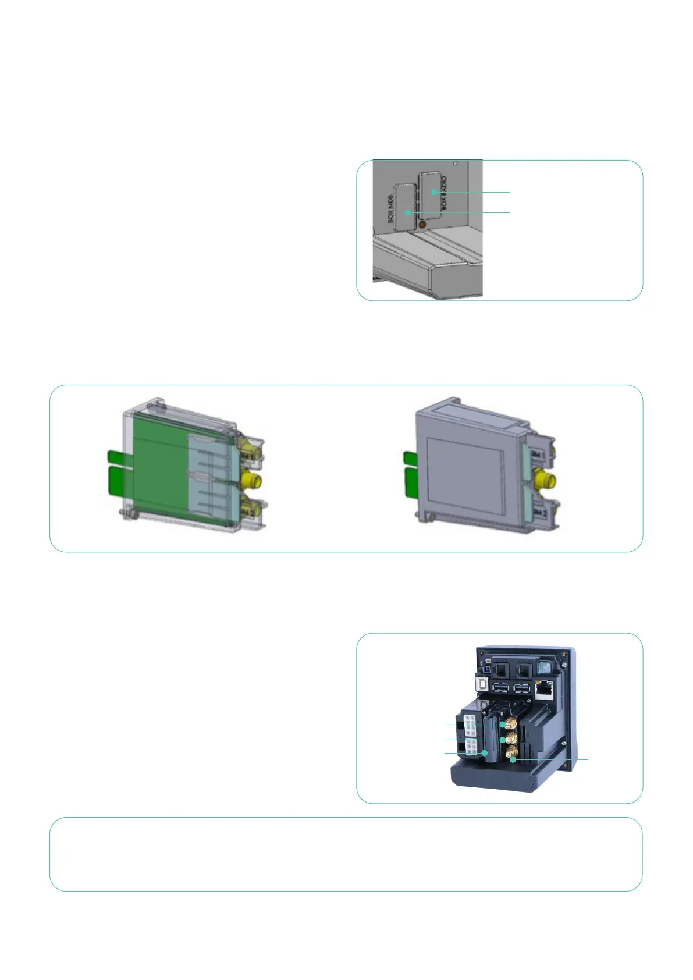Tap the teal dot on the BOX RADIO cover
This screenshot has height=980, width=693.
pos(433,192)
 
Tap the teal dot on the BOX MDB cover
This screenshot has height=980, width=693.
pos(408,213)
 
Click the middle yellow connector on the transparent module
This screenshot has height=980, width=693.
pos(251,480)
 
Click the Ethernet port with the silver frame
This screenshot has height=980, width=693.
pos(544,690)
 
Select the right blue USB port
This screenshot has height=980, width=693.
pos(522,688)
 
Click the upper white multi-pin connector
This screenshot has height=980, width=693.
pos(470,727)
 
